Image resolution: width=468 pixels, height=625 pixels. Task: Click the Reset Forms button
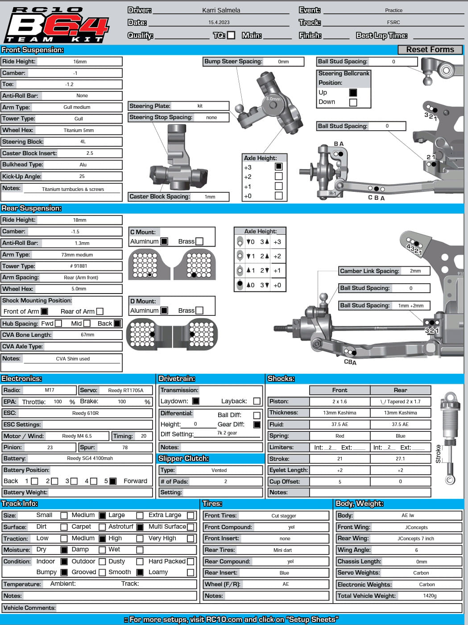coord(430,50)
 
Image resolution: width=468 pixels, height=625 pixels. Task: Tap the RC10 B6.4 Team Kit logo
coord(57,25)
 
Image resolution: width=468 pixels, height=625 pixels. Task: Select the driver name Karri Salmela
coord(221,10)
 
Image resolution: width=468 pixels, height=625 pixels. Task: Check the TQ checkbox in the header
coord(231,35)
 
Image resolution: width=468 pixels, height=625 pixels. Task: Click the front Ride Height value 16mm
coord(80,62)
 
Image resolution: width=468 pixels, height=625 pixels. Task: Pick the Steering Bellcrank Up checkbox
coord(353,92)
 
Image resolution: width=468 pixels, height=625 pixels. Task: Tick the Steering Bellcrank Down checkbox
coord(353,102)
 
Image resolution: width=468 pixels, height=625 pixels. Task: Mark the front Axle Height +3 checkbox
coord(279,166)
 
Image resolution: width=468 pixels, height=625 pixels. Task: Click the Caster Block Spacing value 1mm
coord(210,197)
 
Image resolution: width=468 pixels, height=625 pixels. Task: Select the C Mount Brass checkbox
coord(199,241)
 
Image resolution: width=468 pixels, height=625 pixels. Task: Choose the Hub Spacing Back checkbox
coord(117,323)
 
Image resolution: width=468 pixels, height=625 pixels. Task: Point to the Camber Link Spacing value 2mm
coord(415,271)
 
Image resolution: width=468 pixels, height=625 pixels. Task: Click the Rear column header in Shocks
coord(400,390)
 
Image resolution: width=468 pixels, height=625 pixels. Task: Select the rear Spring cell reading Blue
coord(400,436)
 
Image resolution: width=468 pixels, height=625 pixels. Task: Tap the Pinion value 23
coord(50,447)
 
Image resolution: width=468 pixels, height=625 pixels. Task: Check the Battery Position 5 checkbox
coord(113,481)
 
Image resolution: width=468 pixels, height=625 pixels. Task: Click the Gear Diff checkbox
coord(257,425)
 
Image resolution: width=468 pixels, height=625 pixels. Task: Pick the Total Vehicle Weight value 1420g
coord(430,596)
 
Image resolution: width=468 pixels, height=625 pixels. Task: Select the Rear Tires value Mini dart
coord(282,550)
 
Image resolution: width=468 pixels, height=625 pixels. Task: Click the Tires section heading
coord(212,504)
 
